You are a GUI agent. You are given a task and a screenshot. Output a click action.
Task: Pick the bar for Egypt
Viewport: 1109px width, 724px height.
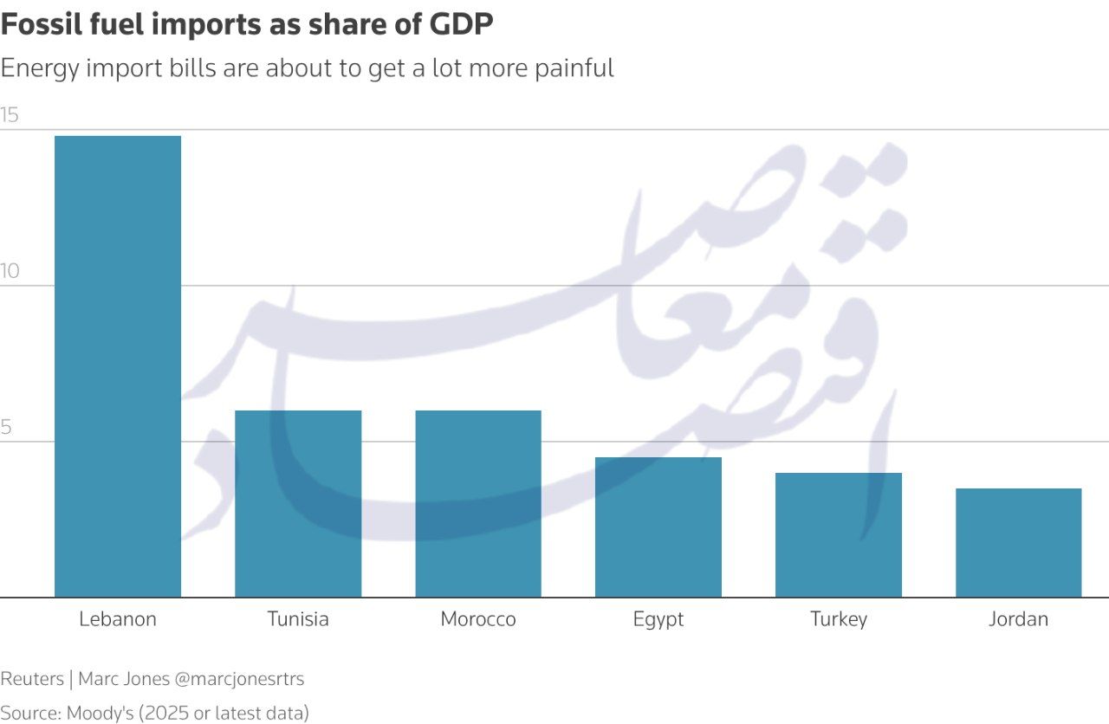coord(658,527)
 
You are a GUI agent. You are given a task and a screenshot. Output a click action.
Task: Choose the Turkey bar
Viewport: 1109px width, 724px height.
coord(839,535)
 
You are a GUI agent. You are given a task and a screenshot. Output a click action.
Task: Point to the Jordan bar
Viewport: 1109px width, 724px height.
coord(1019,543)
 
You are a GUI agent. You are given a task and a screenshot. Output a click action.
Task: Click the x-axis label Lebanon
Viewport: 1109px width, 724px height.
coord(118,619)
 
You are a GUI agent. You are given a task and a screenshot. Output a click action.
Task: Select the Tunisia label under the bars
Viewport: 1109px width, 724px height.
coord(298,619)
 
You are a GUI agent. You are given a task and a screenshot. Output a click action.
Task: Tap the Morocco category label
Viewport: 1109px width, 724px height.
coord(478,619)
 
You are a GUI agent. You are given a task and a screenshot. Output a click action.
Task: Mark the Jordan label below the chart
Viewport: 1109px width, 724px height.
coord(1019,619)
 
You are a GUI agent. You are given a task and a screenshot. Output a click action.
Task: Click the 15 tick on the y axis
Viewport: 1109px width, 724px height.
coord(10,114)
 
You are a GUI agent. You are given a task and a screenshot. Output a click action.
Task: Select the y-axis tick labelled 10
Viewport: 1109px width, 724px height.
coord(10,271)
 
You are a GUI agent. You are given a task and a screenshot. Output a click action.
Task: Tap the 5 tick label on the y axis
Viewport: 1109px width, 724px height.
coord(6,427)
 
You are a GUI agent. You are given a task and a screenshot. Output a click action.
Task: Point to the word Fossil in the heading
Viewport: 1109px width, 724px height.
coord(38,26)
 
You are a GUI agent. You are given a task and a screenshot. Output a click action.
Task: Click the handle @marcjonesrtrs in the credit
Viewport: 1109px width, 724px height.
coord(239,679)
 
